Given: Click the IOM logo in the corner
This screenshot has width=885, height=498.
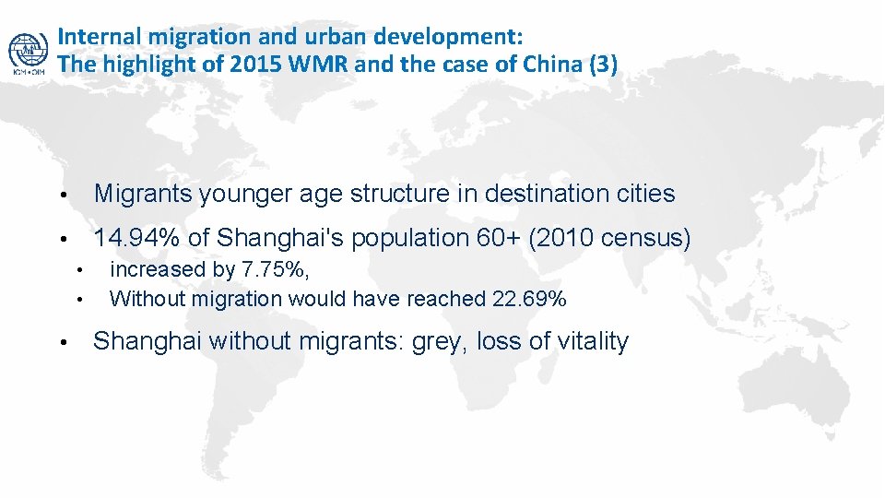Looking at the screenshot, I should (28, 53).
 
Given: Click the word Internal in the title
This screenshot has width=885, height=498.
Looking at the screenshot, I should (92, 37).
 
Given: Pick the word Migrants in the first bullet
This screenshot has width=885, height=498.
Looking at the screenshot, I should (143, 194).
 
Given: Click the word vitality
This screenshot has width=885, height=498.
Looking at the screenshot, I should (591, 342).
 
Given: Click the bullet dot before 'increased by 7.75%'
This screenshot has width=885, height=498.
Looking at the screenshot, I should (81, 271).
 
